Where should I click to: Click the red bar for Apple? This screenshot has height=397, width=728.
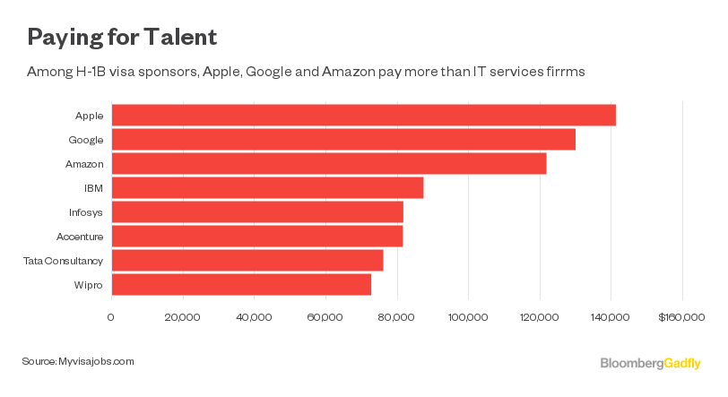(x=363, y=116)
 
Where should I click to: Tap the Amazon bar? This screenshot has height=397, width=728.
(x=328, y=164)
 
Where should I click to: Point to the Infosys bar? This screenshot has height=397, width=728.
(x=256, y=212)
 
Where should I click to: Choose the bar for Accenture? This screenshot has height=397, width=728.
(x=256, y=237)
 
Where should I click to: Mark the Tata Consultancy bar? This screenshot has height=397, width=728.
(x=247, y=261)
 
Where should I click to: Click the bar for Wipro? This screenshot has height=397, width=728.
(x=240, y=285)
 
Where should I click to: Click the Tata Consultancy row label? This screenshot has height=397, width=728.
(x=64, y=261)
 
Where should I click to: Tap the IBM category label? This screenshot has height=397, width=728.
(x=92, y=188)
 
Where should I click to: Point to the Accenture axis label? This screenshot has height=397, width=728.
(x=80, y=237)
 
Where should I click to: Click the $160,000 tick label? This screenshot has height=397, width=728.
(x=682, y=316)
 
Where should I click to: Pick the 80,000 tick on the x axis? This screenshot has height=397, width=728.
(x=396, y=316)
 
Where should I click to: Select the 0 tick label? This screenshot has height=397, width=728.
(x=110, y=316)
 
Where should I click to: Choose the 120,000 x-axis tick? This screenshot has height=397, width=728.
(x=540, y=316)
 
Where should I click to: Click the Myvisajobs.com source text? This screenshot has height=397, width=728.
(x=96, y=360)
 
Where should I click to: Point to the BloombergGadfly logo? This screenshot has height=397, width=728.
(x=650, y=362)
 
